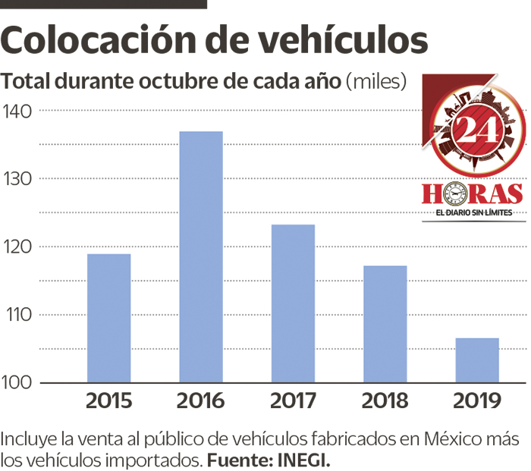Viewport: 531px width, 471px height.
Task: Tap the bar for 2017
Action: (293, 303)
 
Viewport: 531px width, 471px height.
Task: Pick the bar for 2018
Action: (385, 323)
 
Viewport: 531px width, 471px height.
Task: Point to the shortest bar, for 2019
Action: (477, 360)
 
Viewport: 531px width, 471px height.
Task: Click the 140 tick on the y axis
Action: (17, 111)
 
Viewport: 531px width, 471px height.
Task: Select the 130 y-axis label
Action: (17, 178)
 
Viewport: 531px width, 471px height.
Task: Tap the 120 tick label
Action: (17, 246)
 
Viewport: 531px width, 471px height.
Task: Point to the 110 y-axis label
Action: (17, 314)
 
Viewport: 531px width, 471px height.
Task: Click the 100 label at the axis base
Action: (17, 382)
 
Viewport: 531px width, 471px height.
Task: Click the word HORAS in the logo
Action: (473, 193)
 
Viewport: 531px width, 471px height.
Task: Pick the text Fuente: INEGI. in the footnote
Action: (269, 460)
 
